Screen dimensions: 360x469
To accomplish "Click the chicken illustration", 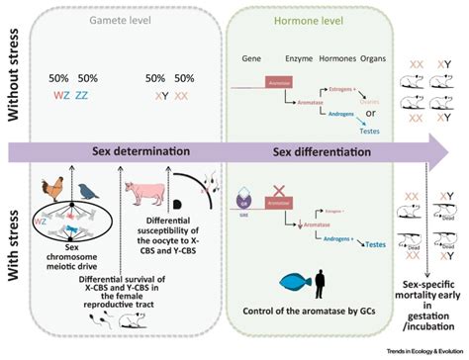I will pos(52,190).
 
